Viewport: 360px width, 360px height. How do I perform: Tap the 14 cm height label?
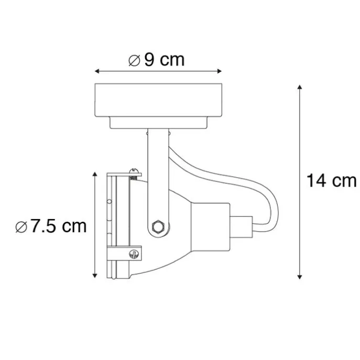[x=331, y=181]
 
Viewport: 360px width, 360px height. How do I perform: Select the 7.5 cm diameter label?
[x=51, y=226]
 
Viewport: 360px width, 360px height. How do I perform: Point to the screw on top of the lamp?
[x=135, y=171]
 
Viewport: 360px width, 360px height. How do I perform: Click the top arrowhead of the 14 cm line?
[x=299, y=87]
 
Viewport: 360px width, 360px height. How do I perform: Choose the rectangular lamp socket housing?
[x=209, y=225]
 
